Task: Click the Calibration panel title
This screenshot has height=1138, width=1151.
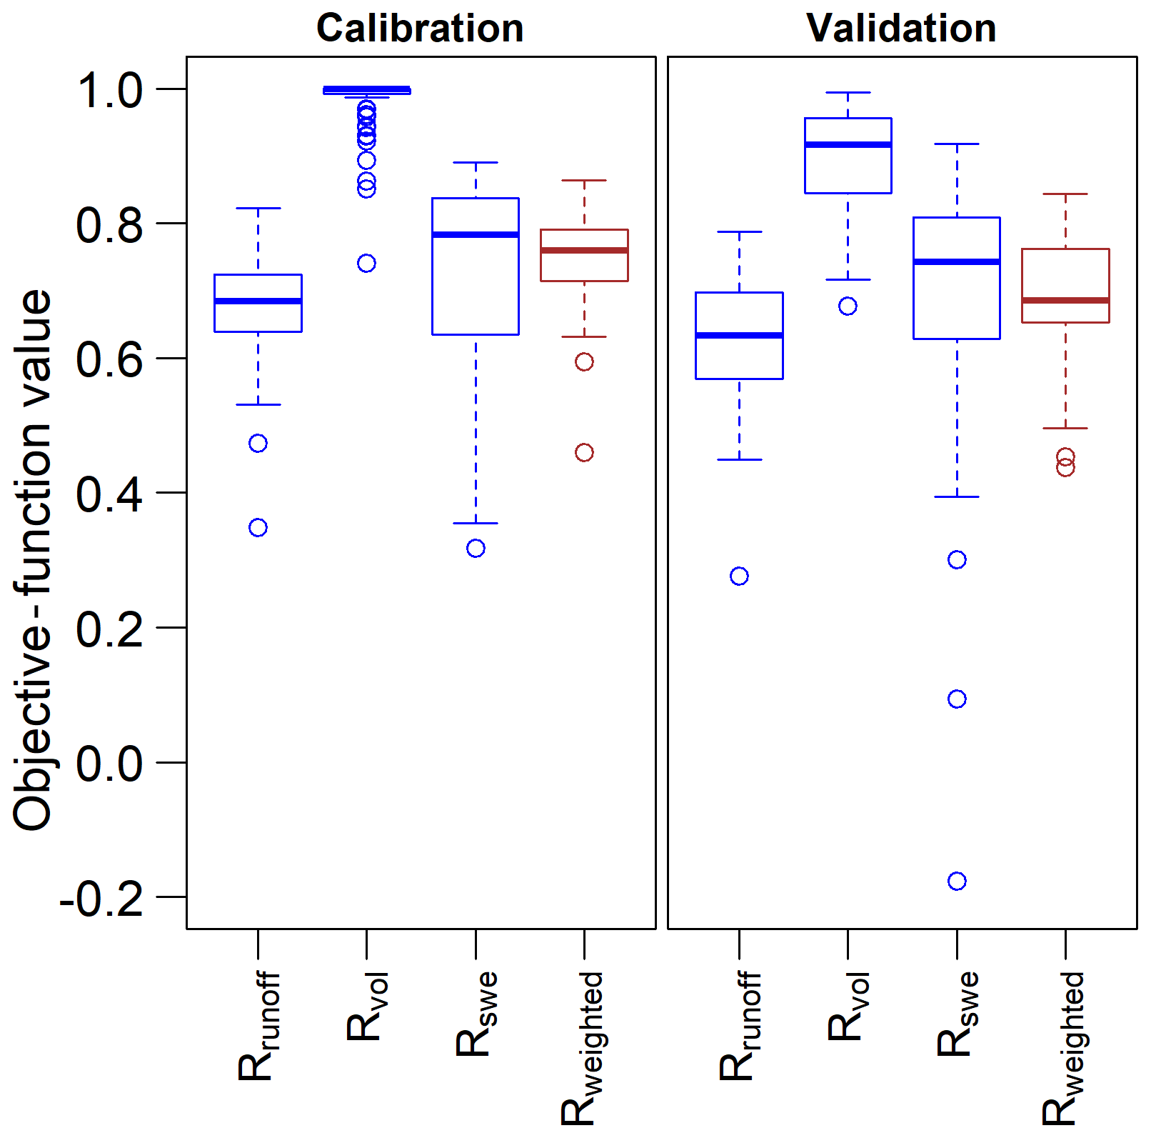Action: pyautogui.click(x=420, y=29)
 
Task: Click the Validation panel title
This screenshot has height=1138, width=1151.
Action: pyautogui.click(x=901, y=29)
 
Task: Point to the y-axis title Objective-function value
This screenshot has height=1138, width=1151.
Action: pyautogui.click(x=33, y=560)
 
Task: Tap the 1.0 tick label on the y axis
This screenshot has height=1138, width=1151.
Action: pyautogui.click(x=110, y=91)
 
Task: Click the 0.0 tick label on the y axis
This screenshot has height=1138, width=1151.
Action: pyautogui.click(x=110, y=764)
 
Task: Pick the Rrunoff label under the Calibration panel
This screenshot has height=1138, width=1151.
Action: pyautogui.click(x=258, y=1025)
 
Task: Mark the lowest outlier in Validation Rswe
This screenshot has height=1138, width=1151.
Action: pyautogui.click(x=957, y=881)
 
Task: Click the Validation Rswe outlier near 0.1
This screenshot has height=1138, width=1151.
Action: pyautogui.click(x=957, y=699)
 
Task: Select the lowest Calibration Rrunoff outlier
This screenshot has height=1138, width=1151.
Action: pyautogui.click(x=258, y=527)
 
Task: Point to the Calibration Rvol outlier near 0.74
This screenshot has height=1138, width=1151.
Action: pyautogui.click(x=366, y=264)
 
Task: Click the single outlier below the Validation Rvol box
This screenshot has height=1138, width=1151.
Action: pyautogui.click(x=848, y=306)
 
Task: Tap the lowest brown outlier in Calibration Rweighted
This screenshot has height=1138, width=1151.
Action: pyautogui.click(x=584, y=452)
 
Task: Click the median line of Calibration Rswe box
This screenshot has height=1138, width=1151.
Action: pyautogui.click(x=476, y=234)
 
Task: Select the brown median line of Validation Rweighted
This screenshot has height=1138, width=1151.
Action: pyautogui.click(x=1065, y=300)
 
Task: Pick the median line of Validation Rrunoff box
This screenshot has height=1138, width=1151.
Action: pyautogui.click(x=739, y=335)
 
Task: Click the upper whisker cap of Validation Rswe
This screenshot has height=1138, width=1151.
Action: pyautogui.click(x=957, y=144)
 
